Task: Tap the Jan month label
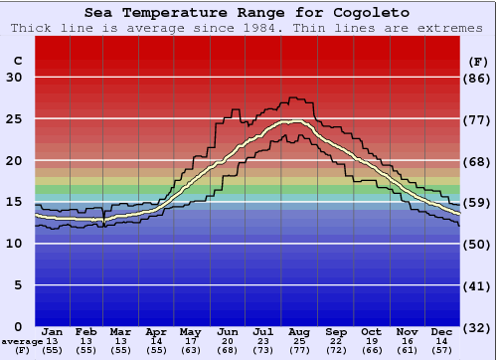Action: coord(54,331)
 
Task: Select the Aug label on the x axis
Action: coord(297,331)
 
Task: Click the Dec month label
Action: coord(443,331)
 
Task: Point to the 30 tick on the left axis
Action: coord(14,78)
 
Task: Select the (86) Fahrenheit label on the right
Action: coord(478,78)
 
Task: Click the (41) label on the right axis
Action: coord(478,285)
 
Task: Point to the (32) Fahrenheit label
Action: coord(478,326)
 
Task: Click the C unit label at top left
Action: coord(17,61)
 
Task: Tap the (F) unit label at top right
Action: coord(478,61)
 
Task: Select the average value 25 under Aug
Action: coord(297,341)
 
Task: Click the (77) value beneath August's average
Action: coord(297,351)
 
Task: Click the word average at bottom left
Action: coord(21,341)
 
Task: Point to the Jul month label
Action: coord(262,331)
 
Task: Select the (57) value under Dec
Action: coord(443,351)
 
